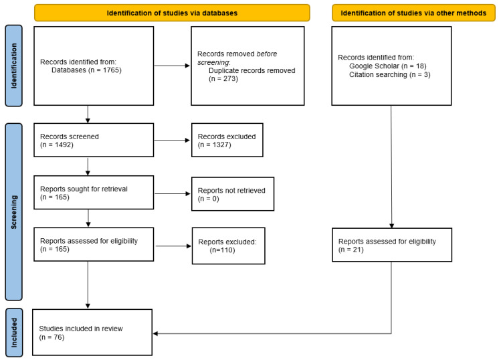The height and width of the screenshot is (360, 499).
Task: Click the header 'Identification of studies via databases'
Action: point(172,13)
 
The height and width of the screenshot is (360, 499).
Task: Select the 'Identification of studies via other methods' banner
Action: point(414,13)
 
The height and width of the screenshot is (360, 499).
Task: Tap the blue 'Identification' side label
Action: point(13,66)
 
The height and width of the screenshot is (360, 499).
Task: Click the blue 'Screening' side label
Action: point(13,211)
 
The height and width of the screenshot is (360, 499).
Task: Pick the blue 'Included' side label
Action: point(13,333)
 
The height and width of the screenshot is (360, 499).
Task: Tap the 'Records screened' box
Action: point(93,139)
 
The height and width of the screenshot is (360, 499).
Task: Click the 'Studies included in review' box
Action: point(92,333)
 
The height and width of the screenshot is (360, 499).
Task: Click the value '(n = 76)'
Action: point(54,337)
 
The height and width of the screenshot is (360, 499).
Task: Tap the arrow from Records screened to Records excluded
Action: point(172,140)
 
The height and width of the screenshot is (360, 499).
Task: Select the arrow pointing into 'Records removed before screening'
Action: point(172,65)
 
